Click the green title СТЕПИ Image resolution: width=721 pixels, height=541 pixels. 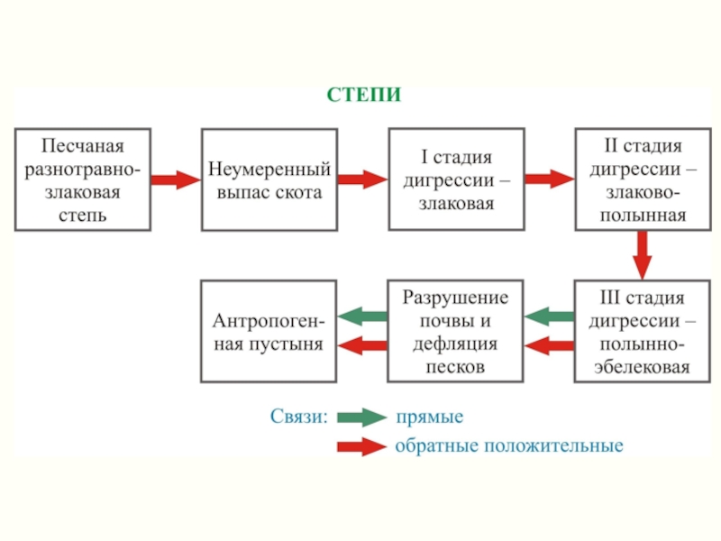364,95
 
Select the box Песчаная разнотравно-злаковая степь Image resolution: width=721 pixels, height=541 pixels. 83,179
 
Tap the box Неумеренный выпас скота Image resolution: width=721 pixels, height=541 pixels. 269,179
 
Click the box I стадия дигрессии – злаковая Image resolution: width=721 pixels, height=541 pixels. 457,179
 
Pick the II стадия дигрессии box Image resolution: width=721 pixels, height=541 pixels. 643,179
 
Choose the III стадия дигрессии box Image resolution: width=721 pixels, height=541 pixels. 643,331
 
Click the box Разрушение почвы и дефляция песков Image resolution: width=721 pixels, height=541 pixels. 455,331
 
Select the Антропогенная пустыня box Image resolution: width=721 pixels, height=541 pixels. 269,331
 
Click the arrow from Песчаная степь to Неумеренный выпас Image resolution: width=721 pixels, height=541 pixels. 176,179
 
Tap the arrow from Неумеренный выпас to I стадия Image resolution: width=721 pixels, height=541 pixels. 363,179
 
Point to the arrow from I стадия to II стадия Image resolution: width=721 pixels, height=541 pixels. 550,179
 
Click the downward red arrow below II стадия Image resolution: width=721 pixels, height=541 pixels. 643,255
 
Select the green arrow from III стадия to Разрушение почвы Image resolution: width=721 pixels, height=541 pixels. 549,316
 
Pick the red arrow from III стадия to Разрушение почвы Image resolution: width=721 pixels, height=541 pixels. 549,345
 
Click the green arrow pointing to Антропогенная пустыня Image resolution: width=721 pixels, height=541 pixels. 362,316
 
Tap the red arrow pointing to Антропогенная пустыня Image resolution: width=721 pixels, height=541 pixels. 362,345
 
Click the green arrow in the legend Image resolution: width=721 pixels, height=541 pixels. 362,417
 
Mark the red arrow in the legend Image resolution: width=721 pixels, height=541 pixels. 362,446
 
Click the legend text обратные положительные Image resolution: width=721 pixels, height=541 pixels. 509,445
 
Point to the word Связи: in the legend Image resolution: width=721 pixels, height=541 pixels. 299,417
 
